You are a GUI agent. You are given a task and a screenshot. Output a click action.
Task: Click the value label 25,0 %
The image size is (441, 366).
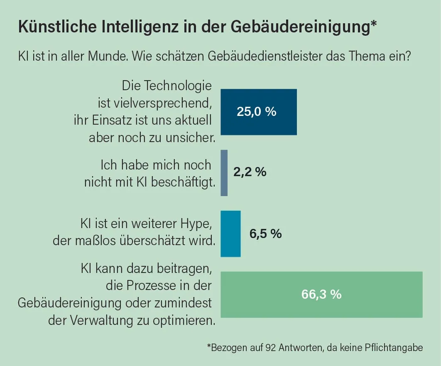256,112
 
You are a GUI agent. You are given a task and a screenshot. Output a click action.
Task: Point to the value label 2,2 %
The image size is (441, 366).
250,172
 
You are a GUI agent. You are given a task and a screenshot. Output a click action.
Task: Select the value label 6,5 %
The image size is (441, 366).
265,233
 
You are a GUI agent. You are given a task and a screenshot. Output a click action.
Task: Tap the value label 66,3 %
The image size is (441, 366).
321,294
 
